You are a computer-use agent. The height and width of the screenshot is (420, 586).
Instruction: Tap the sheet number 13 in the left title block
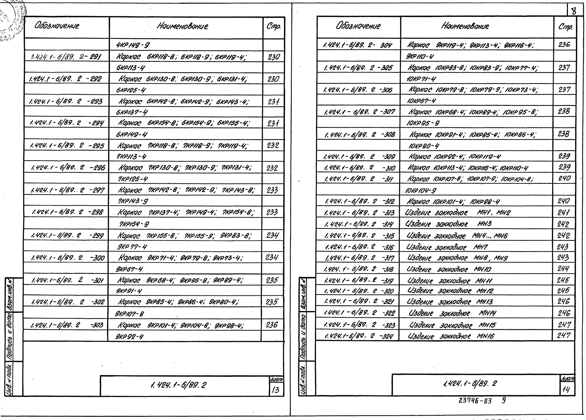coord(276,390)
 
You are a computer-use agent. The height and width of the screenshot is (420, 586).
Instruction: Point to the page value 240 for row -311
coord(564,178)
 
